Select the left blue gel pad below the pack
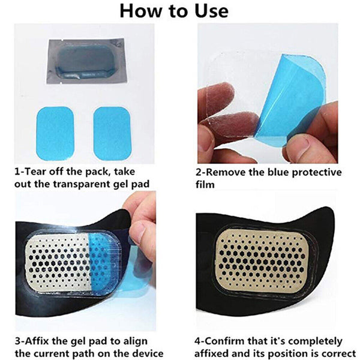point(55,124)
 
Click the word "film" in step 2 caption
point(207,184)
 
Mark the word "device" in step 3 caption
point(146,353)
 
